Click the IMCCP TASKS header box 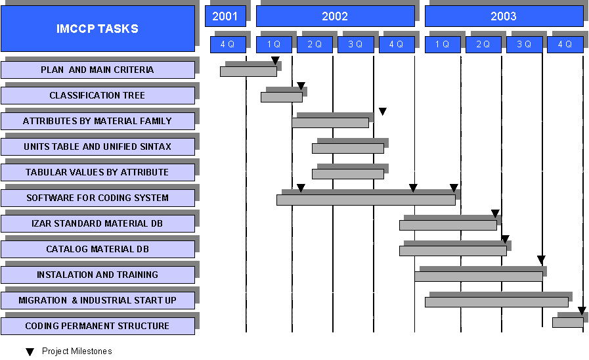point(98,28)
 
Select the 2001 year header point(225,16)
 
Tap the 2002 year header point(335,16)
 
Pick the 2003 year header point(504,16)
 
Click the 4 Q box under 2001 point(228,44)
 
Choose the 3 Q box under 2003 point(525,44)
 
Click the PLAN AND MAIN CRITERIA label point(98,70)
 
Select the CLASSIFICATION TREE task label point(98,95)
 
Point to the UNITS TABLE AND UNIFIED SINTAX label point(98,146)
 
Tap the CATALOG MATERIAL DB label point(98,249)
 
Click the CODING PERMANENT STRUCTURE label point(98,326)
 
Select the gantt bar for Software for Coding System point(366,200)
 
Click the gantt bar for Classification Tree point(282,97)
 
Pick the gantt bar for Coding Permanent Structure point(567,323)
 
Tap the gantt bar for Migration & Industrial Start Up point(496,302)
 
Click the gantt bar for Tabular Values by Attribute point(348,174)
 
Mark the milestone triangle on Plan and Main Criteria point(275,60)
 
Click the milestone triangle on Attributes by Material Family point(383,111)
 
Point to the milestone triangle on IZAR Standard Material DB point(496,214)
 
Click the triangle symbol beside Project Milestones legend point(30,351)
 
